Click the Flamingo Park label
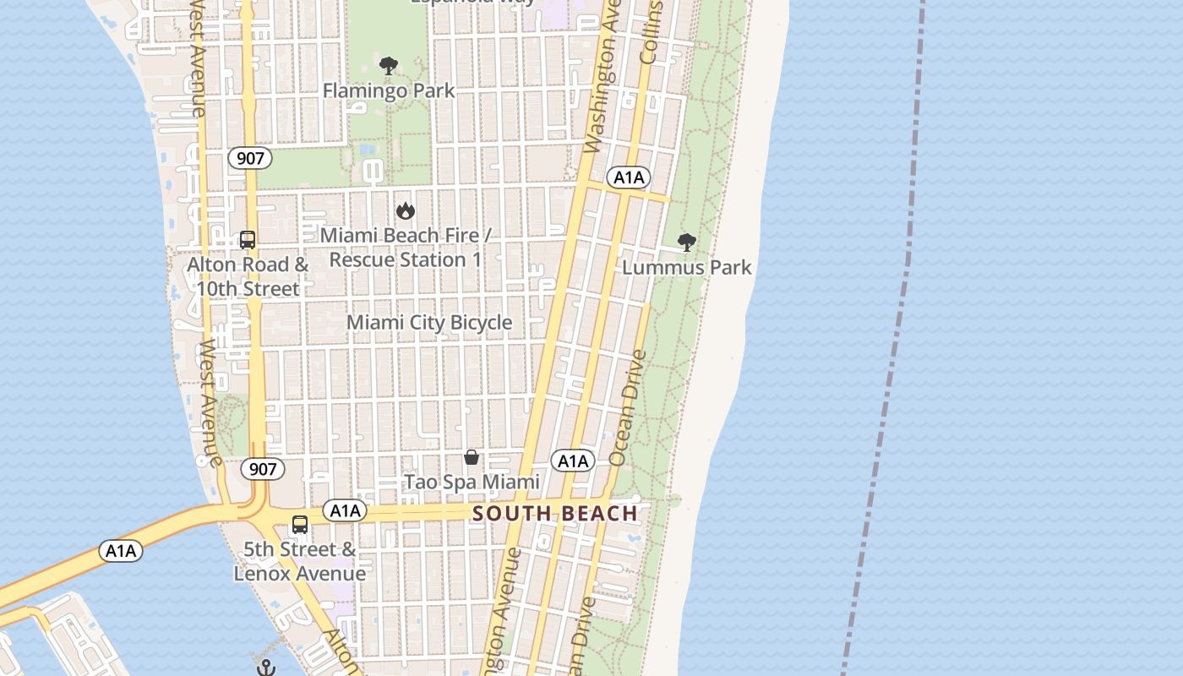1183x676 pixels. coord(389,90)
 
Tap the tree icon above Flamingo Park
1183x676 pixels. coord(389,66)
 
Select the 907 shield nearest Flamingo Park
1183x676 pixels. coord(250,158)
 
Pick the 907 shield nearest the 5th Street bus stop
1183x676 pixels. coord(263,469)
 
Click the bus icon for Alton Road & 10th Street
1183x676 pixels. coord(248,240)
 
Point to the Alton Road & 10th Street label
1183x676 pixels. coord(248,276)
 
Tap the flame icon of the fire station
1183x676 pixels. coord(406,210)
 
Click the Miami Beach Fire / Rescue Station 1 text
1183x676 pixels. coord(406,248)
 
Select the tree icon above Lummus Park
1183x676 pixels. coord(687,243)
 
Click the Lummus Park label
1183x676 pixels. coord(687,268)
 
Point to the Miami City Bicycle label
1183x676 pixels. coord(429,323)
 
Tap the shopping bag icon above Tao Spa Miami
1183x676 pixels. coord(472,457)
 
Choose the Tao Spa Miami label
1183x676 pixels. coord(472,482)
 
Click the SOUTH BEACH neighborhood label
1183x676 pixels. coord(555,514)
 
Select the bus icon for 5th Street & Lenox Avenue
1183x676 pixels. coord(300,525)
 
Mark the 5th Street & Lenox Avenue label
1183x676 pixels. coord(300,562)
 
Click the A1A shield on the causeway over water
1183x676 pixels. coord(121,552)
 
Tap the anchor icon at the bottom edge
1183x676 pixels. coord(266,668)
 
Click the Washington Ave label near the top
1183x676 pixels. coord(602,80)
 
